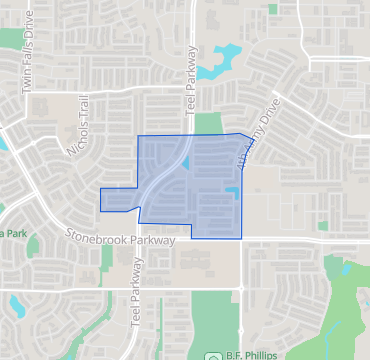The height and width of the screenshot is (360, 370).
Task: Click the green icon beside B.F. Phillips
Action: coord(212,355)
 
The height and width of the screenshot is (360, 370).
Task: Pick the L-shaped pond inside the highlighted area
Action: coord(232,190)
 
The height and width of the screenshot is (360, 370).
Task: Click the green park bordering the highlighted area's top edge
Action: coord(208,124)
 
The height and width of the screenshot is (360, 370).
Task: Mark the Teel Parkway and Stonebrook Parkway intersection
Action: coord(139,238)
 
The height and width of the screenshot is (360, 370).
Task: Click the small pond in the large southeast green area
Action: coord(344,269)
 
